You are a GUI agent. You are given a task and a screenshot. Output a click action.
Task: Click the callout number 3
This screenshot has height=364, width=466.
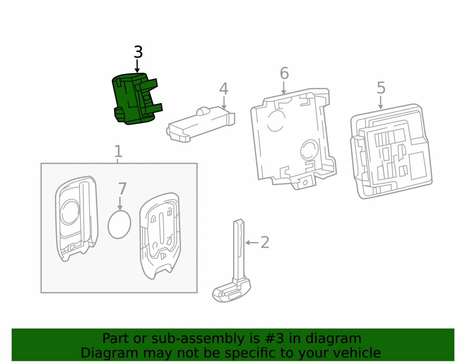(x=138, y=52)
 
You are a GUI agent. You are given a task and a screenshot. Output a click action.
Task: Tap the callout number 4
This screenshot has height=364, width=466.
(x=224, y=89)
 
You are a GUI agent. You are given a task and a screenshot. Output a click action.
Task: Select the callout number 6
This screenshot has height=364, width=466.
(x=284, y=73)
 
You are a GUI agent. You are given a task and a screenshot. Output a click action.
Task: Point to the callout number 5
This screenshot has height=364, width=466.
(x=381, y=88)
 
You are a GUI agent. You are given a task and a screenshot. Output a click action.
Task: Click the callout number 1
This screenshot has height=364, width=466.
(x=118, y=151)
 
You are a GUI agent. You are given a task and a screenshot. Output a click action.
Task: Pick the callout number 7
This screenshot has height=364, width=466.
(x=123, y=189)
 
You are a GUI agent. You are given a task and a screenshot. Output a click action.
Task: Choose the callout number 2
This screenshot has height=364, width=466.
(x=265, y=242)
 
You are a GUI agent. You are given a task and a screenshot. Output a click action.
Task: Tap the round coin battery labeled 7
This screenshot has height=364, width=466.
(x=119, y=224)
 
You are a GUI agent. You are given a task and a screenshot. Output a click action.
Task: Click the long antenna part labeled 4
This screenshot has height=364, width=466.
(x=201, y=124)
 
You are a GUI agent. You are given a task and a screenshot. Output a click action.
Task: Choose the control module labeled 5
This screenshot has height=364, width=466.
(x=391, y=151)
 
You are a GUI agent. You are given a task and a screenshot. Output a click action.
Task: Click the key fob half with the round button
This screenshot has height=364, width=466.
(x=76, y=219)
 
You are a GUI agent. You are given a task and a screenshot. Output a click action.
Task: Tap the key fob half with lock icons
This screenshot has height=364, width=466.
(x=160, y=236)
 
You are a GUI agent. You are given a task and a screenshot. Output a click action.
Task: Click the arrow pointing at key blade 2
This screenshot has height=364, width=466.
(x=252, y=243)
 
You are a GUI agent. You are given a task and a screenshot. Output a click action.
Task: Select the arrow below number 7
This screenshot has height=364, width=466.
(x=120, y=203)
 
